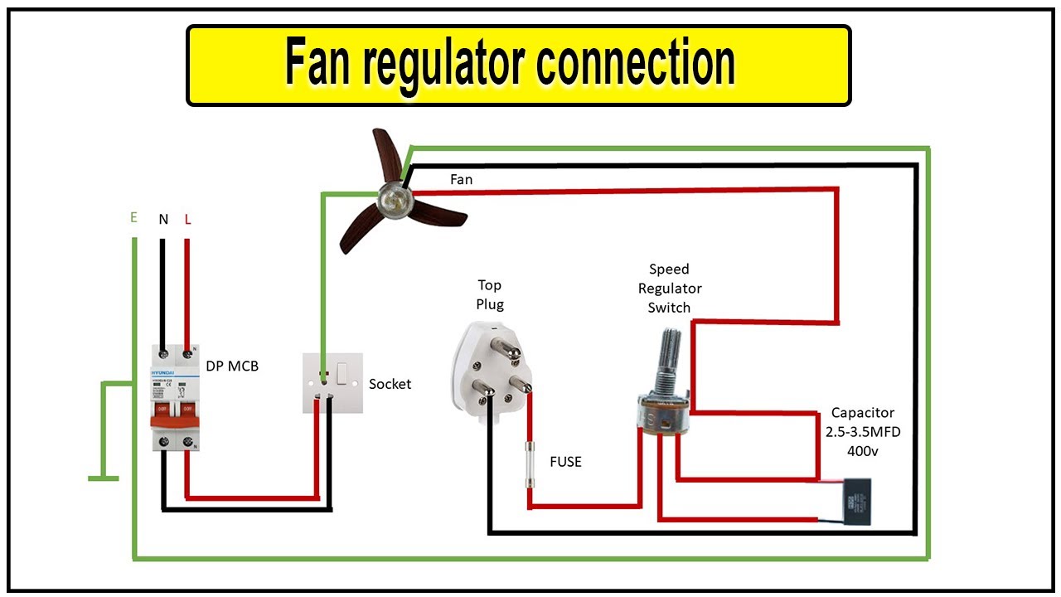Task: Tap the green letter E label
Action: point(133,218)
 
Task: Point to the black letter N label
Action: point(163,220)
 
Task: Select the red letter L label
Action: point(187,220)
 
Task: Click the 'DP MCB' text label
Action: point(232,366)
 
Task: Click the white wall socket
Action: point(332,383)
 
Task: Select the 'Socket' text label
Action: point(390,384)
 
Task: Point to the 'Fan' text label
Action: point(462,179)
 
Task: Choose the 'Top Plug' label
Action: point(489,294)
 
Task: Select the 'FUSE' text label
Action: point(565,462)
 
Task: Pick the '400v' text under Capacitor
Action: point(863,452)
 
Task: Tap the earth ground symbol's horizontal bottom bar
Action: point(104,478)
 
